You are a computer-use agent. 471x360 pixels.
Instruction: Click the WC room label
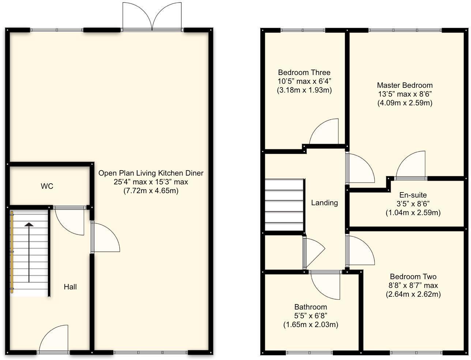click(47, 186)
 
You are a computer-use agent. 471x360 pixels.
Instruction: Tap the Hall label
click(70, 287)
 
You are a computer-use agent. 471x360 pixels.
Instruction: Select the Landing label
click(324, 203)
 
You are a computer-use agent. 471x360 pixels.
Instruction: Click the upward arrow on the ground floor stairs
click(28, 252)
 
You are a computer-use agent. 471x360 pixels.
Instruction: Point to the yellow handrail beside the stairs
click(12, 252)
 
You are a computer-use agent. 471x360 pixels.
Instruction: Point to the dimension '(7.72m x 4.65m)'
click(151, 191)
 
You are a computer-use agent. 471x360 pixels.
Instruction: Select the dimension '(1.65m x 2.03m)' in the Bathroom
click(310, 325)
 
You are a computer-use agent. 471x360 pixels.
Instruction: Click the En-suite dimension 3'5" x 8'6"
click(413, 204)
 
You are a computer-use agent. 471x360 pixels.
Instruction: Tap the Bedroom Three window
click(303, 30)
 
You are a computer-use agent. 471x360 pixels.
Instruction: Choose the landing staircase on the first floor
click(284, 205)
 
